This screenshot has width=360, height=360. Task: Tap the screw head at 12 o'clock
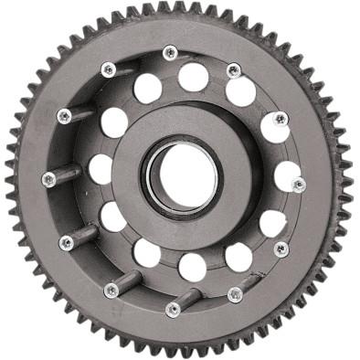(x=170, y=53)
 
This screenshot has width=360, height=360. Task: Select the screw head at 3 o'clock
(x=298, y=184)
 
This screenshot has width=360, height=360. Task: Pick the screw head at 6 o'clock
(x=173, y=308)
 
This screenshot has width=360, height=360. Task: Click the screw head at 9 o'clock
(x=49, y=179)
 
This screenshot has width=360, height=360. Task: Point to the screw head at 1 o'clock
(x=234, y=70)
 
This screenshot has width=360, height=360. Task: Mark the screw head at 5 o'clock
(x=235, y=293)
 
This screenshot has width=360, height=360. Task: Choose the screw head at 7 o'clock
(x=111, y=291)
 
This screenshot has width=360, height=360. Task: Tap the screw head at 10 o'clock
(x=64, y=116)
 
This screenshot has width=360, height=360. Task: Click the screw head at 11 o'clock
(x=109, y=69)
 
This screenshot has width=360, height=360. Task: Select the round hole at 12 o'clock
(x=193, y=77)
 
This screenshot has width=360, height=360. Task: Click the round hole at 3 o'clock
(x=287, y=175)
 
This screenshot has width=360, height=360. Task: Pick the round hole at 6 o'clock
(x=192, y=267)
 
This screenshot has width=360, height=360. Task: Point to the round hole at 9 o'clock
(x=100, y=169)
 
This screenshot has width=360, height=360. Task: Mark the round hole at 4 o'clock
(x=272, y=222)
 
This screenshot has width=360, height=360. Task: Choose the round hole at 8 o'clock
(x=113, y=217)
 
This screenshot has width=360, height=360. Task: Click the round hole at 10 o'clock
(x=114, y=122)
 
